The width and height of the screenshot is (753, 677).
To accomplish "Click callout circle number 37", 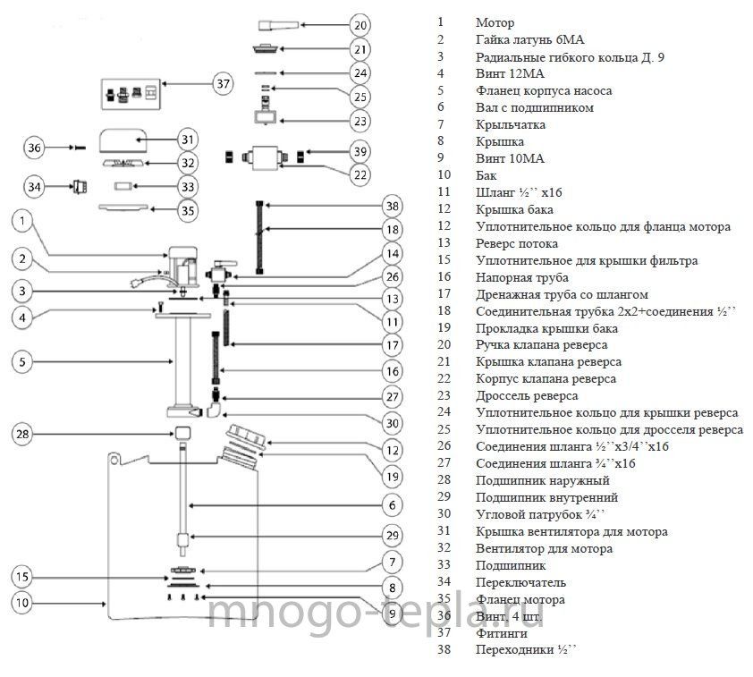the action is tap(223, 84).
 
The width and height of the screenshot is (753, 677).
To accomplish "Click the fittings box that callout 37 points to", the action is tap(131, 94).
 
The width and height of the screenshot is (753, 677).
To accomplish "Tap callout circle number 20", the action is tap(360, 25).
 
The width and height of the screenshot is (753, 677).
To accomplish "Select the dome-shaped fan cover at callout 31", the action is tap(123, 140).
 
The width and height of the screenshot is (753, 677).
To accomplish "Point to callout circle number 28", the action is tap(22, 434).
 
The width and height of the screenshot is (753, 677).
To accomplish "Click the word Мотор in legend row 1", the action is tap(495, 22).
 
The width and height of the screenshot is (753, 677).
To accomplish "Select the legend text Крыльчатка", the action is tap(511, 125).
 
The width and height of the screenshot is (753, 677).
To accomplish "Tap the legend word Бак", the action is tap(486, 175).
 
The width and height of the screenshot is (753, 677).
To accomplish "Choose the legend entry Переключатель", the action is tap(520, 583).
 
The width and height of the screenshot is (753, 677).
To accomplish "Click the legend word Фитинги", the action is tap(502, 634).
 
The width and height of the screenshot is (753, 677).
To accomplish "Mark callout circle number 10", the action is tap(22, 603).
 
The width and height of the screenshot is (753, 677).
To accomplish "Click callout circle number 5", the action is tap(22, 361).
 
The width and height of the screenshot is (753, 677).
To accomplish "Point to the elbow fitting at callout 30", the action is tap(213, 410).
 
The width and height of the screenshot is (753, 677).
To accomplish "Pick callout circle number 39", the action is tap(360, 151).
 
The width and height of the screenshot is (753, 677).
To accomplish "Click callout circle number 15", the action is tap(22, 577).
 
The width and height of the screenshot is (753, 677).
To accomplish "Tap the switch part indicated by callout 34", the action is tap(80, 186).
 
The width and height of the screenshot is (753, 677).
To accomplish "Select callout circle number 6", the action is tap(393, 505).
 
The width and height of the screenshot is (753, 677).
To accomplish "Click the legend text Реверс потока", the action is tap(517, 244).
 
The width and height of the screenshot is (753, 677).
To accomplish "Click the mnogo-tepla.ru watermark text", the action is tap(375, 614).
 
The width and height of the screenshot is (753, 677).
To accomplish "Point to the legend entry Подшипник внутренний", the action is tap(546, 498).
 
